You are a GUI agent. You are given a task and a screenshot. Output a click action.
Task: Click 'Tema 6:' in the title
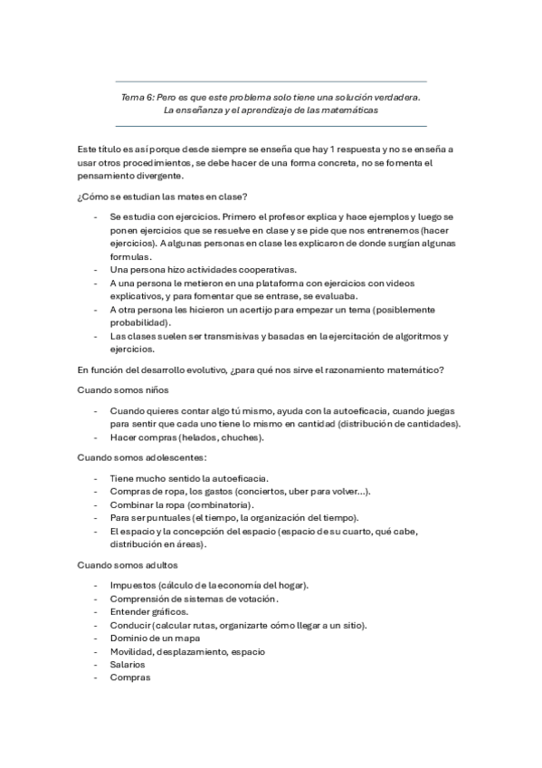(138, 95)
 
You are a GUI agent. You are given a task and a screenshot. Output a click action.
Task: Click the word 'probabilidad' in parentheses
(139, 322)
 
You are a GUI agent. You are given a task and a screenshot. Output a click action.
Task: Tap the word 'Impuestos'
(132, 585)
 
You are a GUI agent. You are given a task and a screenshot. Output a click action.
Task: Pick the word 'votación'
(253, 599)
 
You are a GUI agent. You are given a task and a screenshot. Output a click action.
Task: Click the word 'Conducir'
(129, 625)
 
